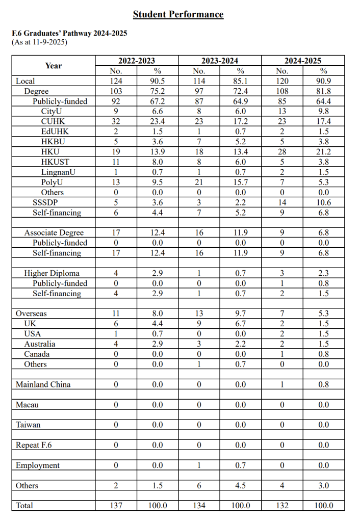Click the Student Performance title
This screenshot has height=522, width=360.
(178, 14)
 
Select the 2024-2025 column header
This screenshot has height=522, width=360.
(303, 61)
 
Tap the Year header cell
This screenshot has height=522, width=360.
(53, 66)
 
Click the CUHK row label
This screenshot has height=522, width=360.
(53, 121)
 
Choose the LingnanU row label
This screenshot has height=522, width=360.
(58, 172)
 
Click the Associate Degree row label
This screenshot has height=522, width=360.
(54, 232)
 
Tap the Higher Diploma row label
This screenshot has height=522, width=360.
(52, 273)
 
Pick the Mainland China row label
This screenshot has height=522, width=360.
(43, 384)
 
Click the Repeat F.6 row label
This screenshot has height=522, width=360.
(34, 445)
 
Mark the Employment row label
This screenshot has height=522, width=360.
(38, 465)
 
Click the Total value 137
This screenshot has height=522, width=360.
(116, 506)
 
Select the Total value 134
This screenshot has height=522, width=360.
(199, 506)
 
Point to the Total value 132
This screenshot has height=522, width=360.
(282, 506)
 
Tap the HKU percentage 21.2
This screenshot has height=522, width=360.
(324, 152)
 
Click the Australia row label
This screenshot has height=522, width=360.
(40, 344)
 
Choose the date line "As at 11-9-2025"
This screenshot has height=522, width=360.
(39, 42)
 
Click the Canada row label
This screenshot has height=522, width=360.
(37, 354)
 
